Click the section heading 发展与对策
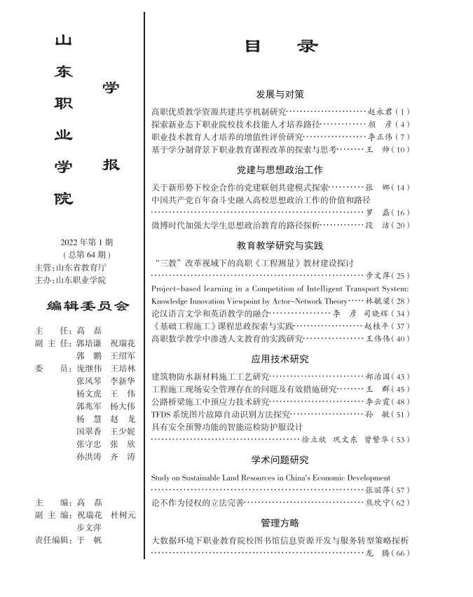(280, 94)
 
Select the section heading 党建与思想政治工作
(280, 170)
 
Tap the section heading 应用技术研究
(280, 359)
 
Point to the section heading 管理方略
(280, 523)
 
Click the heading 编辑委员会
(88, 306)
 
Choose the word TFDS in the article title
(163, 415)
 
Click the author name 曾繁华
(381, 440)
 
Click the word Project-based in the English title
(177, 288)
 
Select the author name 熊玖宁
(381, 503)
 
